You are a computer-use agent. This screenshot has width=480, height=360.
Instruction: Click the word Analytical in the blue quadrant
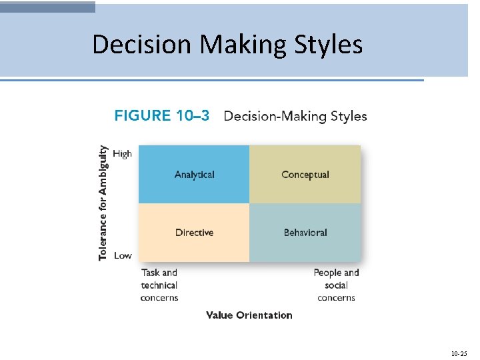[x=194, y=175]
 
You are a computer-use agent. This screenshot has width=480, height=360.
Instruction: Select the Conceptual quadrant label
[x=305, y=175]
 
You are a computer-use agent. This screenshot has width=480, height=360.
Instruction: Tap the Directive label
[x=194, y=233]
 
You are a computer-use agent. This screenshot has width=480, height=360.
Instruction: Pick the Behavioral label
[x=305, y=233]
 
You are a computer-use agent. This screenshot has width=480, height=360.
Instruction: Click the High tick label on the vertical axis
[x=123, y=153]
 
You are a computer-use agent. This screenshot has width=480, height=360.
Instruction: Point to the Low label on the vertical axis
[x=123, y=255]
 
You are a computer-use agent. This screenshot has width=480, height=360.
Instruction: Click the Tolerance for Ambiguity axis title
[x=103, y=203]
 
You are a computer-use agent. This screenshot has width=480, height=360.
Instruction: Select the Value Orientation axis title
[x=249, y=315]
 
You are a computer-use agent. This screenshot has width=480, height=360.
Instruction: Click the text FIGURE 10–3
[x=162, y=116]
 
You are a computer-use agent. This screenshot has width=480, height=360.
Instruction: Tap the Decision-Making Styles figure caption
[x=295, y=116]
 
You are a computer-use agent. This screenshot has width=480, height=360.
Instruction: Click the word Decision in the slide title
[x=142, y=45]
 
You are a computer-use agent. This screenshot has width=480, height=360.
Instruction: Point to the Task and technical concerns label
[x=159, y=285]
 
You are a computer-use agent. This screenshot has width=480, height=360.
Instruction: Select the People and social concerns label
[x=336, y=285]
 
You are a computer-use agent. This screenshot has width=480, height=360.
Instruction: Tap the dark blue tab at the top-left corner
[x=47, y=7]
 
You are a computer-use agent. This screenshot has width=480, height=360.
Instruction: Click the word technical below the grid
[x=159, y=285]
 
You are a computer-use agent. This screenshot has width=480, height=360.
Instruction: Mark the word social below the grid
[x=336, y=285]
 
